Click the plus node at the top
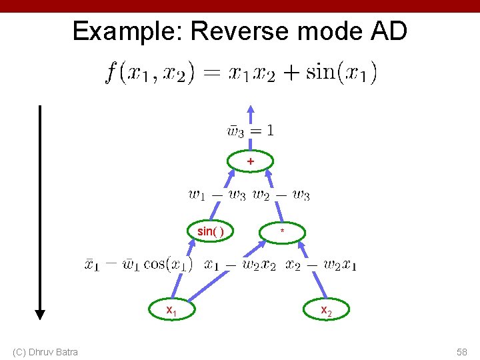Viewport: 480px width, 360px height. [250, 161]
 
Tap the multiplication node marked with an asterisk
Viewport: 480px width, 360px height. [283, 232]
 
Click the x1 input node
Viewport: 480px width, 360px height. [171, 310]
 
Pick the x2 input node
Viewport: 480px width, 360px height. [326, 310]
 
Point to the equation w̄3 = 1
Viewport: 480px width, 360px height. [251, 131]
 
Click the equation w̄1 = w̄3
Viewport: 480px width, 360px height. [217, 195]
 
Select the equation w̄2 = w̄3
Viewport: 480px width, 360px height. [281, 195]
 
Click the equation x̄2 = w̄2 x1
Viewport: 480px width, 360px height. [321, 264]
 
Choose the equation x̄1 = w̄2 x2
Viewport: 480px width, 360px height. [240, 264]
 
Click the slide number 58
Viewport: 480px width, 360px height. [461, 351]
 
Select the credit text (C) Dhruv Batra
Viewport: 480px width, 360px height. [45, 351]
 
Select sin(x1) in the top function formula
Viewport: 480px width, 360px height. [341, 72]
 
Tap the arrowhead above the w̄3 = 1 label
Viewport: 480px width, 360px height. [250, 109]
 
